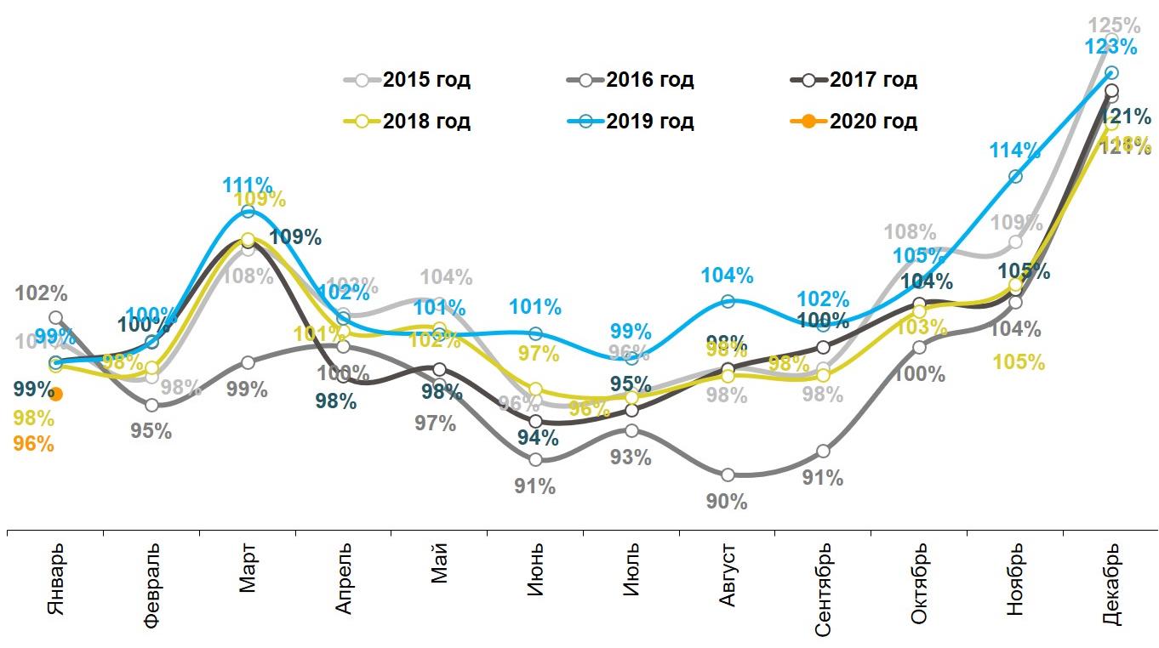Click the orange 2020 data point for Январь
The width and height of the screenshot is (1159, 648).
pyautogui.click(x=56, y=394)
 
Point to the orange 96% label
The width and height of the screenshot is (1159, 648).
pyautogui.click(x=34, y=444)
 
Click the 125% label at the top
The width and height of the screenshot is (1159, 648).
pyautogui.click(x=1115, y=25)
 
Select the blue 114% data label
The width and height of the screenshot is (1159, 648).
pyautogui.click(x=1014, y=151)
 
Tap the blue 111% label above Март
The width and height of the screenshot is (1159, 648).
pyautogui.click(x=248, y=185)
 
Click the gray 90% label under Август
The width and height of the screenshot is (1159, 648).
pyautogui.click(x=727, y=502)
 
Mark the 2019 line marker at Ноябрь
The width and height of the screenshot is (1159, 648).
pyautogui.click(x=1015, y=176)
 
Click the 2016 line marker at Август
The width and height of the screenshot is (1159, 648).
pyautogui.click(x=727, y=475)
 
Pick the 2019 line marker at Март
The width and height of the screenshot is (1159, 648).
pyautogui.click(x=248, y=211)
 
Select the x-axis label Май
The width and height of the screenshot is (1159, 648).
pyautogui.click(x=439, y=566)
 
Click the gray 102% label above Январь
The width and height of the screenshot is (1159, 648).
pyautogui.click(x=41, y=295)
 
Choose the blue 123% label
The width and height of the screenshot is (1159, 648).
pyautogui.click(x=1111, y=47)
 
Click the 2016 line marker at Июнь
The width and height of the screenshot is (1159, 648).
pyautogui.click(x=535, y=460)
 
